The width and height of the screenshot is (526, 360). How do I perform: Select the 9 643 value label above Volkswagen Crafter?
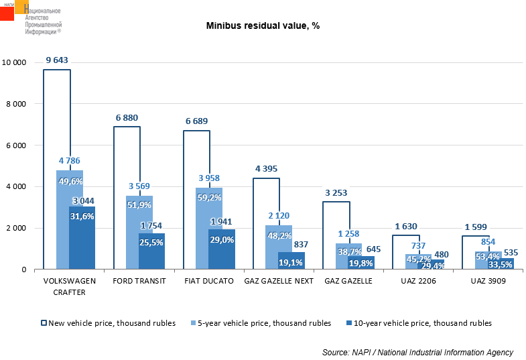[57, 60]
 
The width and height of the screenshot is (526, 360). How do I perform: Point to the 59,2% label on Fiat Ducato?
[210, 198]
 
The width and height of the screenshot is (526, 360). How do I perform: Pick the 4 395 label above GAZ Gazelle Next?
[266, 169]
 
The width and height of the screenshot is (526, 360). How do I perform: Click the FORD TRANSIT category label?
[140, 281]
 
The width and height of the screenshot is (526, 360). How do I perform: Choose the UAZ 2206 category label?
[418, 281]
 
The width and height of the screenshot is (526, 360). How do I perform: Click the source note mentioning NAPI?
[417, 352]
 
